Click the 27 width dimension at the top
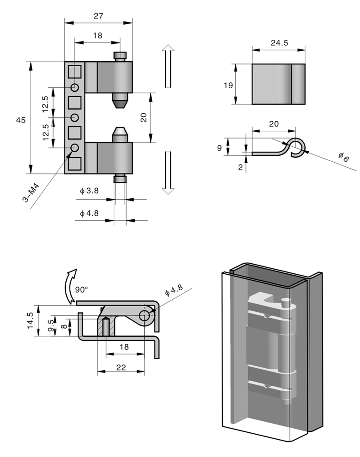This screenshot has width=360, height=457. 98,16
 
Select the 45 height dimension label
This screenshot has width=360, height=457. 21,120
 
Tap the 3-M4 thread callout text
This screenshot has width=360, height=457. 31,193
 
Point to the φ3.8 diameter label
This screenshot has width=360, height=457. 89,191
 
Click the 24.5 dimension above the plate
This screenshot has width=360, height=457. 279,43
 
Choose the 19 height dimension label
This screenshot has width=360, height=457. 228,85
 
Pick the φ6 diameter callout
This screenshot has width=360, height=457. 344,157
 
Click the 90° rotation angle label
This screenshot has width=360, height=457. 81,290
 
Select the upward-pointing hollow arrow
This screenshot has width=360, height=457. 168,65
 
